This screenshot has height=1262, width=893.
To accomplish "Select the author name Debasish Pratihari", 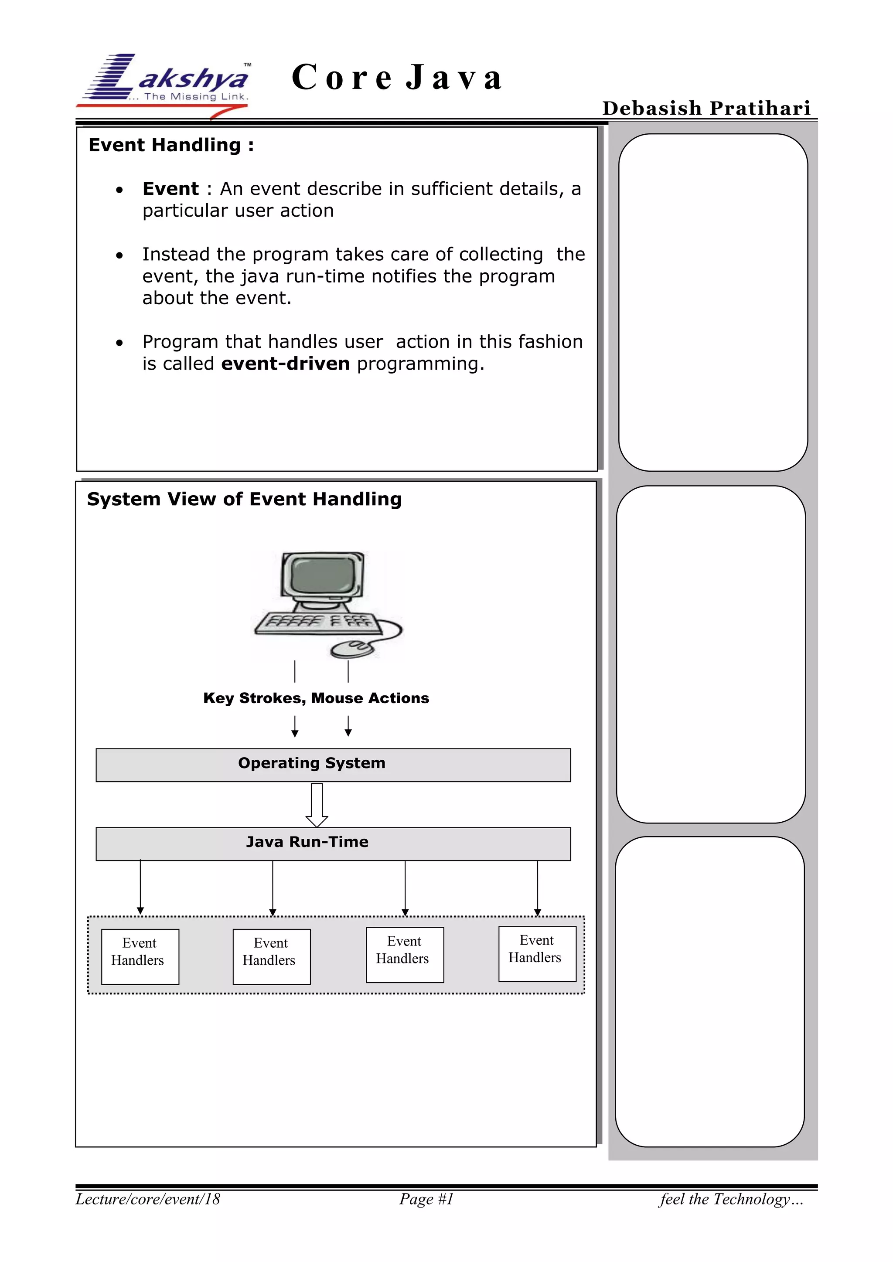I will [706, 108].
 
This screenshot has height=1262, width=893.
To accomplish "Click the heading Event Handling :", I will [171, 145].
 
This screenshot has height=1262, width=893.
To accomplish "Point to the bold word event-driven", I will [286, 364].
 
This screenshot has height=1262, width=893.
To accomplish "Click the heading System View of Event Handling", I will [244, 499].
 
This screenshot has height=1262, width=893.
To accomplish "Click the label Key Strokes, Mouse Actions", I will [316, 698].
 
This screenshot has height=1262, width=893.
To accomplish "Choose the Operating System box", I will [333, 765].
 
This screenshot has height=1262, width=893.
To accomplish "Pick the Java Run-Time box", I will [333, 844].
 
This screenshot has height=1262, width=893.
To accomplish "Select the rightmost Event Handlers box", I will [537, 954].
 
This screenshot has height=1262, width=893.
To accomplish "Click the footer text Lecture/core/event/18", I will [148, 1199].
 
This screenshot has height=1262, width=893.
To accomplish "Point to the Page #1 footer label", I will [426, 1199].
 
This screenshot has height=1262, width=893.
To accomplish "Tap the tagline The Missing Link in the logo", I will [196, 97].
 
